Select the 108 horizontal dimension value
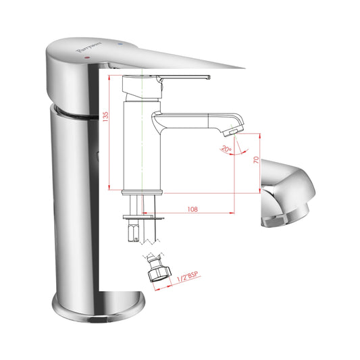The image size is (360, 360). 192,209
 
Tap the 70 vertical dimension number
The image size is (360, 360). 256,161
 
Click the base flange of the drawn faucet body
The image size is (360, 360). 143,192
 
